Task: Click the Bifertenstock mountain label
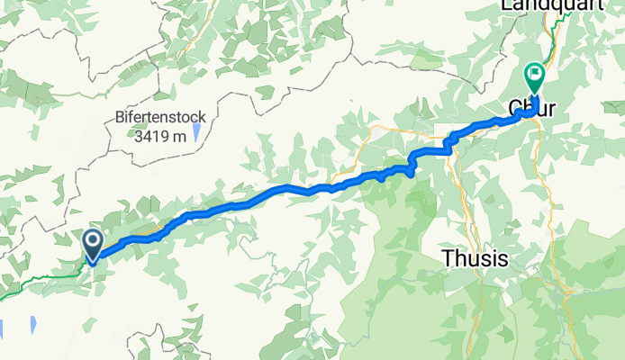[x=160, y=117]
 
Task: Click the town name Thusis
[x=475, y=259]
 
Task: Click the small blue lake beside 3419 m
[x=195, y=132]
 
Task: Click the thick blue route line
[x=270, y=192]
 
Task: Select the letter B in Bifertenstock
[x=120, y=117]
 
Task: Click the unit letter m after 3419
[x=179, y=137]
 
